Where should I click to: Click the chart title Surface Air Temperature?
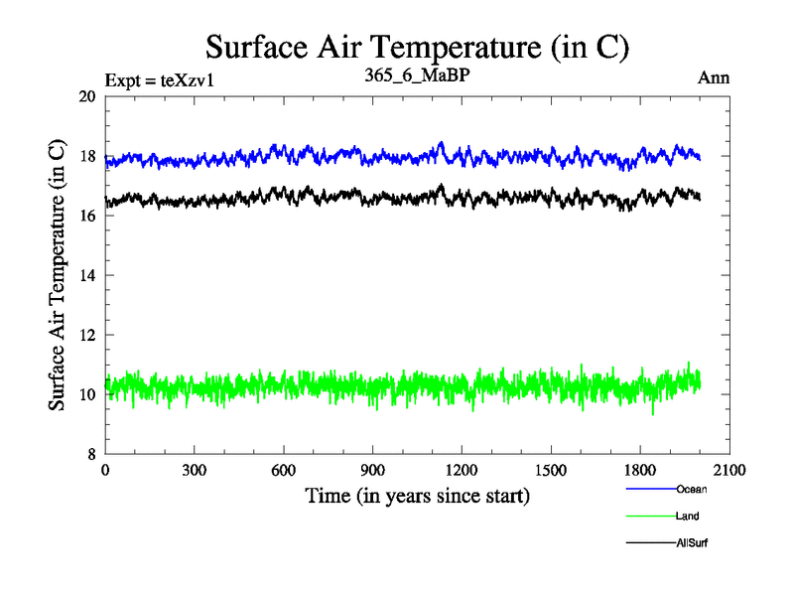click(417, 47)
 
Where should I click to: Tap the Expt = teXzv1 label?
click(159, 80)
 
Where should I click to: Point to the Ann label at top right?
click(715, 78)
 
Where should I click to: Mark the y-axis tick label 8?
click(90, 454)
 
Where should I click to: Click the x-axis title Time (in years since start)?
click(417, 495)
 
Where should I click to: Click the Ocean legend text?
click(691, 489)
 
